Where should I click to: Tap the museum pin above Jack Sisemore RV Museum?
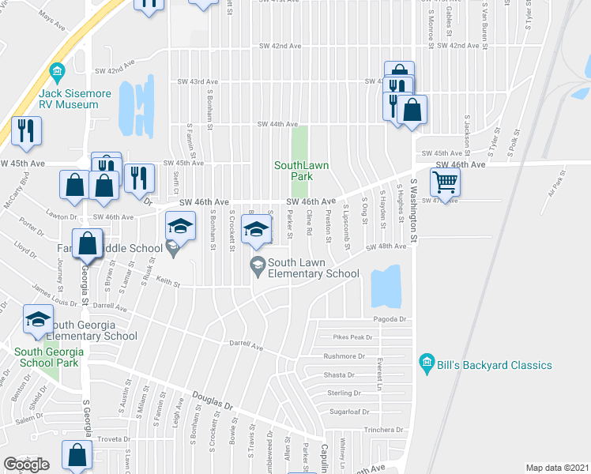click(x=57, y=73)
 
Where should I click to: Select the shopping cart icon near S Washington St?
click(x=446, y=182)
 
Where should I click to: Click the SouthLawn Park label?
click(x=301, y=171)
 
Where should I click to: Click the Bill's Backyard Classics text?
click(x=493, y=365)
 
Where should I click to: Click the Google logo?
click(x=27, y=464)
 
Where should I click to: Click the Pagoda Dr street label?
click(x=390, y=319)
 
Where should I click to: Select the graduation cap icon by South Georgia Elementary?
click(x=37, y=319)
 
